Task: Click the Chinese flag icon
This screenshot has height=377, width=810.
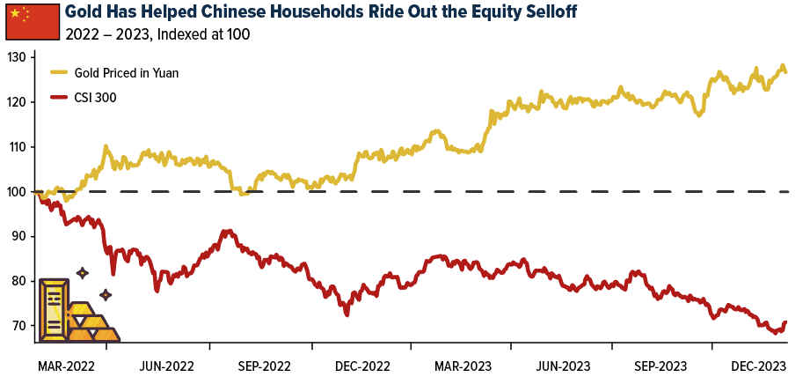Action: click(x=32, y=21)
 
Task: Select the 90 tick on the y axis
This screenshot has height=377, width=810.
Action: click(x=19, y=237)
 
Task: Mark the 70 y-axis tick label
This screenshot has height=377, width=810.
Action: click(x=19, y=326)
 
